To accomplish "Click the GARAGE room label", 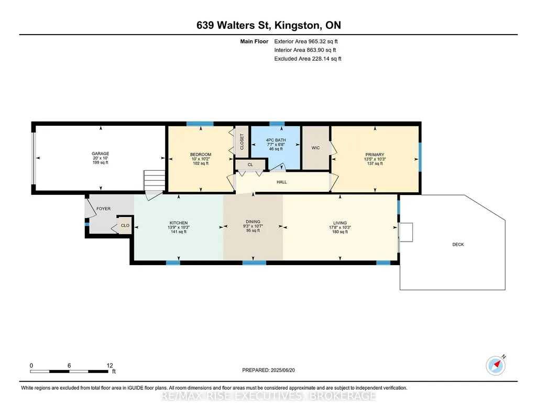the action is pos(101,154).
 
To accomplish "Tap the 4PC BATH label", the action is pos(276,140).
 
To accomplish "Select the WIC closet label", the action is pos(315,148).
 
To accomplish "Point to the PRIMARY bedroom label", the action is pos(375,155).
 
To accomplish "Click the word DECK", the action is pos(458,245).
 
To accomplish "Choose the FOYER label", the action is pos(103,209).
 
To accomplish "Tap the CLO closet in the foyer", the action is pos(125,225).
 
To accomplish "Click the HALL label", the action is pos(281,182).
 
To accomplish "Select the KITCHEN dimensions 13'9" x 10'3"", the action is pos(179,227).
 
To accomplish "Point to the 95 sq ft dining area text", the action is pos(253,231).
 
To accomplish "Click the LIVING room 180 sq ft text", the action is pos(339,232).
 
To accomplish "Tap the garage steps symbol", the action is pos(155,180).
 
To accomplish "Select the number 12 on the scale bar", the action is pos(109,365).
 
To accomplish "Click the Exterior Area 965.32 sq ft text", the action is pos(306,41).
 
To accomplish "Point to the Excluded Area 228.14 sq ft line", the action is pos(308,59).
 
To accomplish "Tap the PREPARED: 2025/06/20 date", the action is pos(268,370).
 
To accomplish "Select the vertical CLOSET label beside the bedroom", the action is pos(242,142).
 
